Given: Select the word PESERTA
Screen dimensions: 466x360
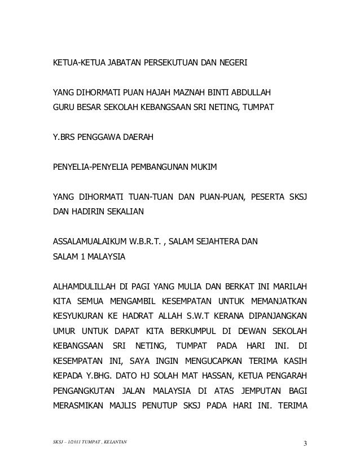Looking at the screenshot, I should [x=271, y=198].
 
